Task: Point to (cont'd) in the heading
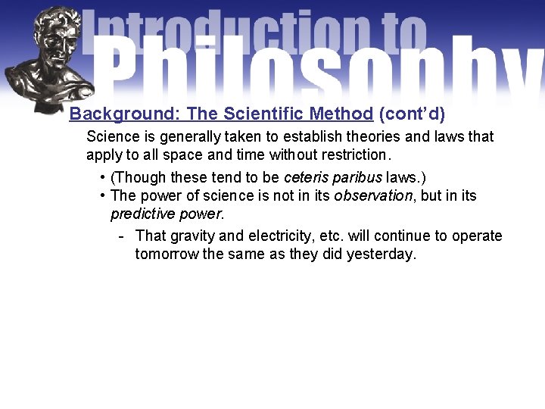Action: click(x=412, y=114)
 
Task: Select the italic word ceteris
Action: click(x=305, y=178)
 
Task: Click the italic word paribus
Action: click(x=357, y=178)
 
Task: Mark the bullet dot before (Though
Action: click(x=102, y=178)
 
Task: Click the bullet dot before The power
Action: click(x=102, y=196)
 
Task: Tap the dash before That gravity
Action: click(x=121, y=236)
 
